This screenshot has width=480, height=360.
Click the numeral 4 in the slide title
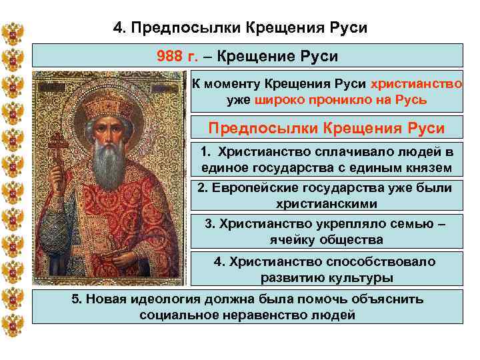click(x=118, y=29)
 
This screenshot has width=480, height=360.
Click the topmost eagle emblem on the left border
click(x=13, y=33)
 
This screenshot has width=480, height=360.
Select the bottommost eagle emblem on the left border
click(x=13, y=328)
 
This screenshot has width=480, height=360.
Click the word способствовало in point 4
click(x=377, y=261)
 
